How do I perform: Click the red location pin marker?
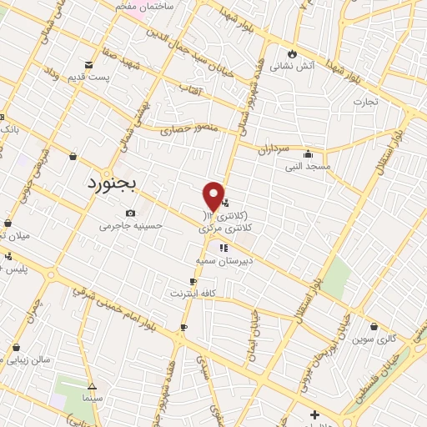point(213,197)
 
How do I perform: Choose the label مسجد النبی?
point(308,166)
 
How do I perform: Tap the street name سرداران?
point(272,148)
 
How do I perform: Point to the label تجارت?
point(364,101)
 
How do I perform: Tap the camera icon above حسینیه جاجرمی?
point(130,213)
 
